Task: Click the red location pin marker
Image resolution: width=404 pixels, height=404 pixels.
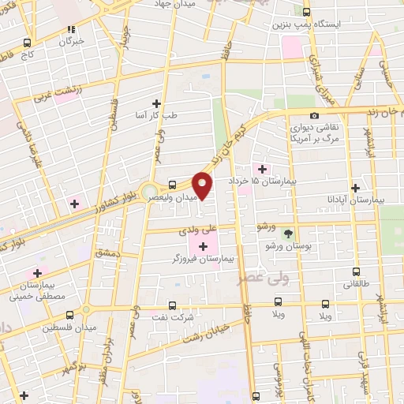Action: pos(203,185)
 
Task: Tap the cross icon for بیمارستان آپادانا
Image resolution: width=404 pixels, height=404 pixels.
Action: pos(356,189)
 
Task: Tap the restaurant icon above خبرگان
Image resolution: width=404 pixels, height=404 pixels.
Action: pos(73,29)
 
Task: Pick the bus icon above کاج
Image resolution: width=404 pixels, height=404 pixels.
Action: pos(28,43)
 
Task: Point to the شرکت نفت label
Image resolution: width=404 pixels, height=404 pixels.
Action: pos(173,316)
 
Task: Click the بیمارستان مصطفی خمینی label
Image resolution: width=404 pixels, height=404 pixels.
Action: pos(36,290)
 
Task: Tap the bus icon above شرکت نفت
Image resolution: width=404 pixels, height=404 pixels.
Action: pos(173,305)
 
